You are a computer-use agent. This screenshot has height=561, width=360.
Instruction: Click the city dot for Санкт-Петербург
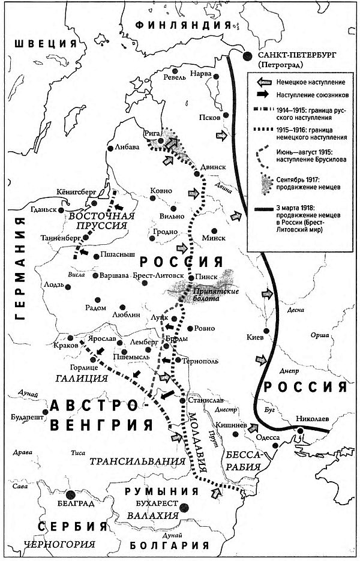(x=248, y=56)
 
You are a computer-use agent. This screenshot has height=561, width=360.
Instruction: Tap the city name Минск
(x=214, y=237)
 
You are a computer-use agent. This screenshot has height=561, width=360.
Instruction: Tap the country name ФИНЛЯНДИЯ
(x=183, y=25)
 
